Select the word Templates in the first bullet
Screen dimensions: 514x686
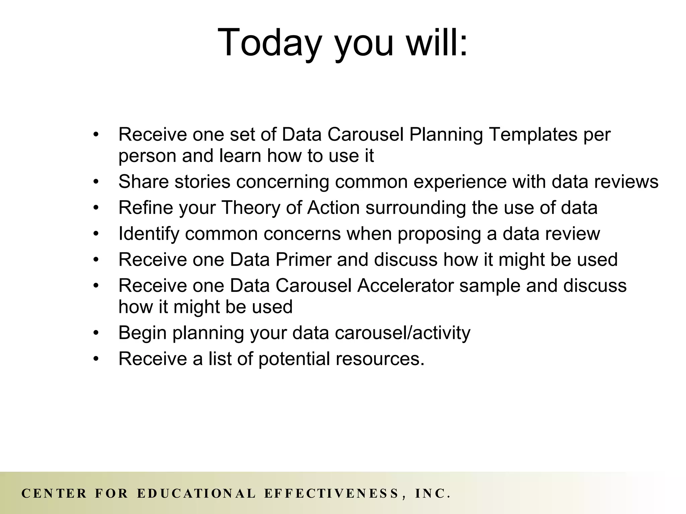[533, 135]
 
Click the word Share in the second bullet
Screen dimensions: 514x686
[143, 182]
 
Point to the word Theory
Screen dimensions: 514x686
[251, 208]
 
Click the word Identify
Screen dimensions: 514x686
[149, 234]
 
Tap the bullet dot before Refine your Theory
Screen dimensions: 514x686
[96, 208]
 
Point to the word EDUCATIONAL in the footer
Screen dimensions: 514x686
[197, 494]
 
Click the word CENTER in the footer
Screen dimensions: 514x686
[54, 494]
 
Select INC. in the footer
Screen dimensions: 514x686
[432, 494]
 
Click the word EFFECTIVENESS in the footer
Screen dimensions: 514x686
[332, 494]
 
